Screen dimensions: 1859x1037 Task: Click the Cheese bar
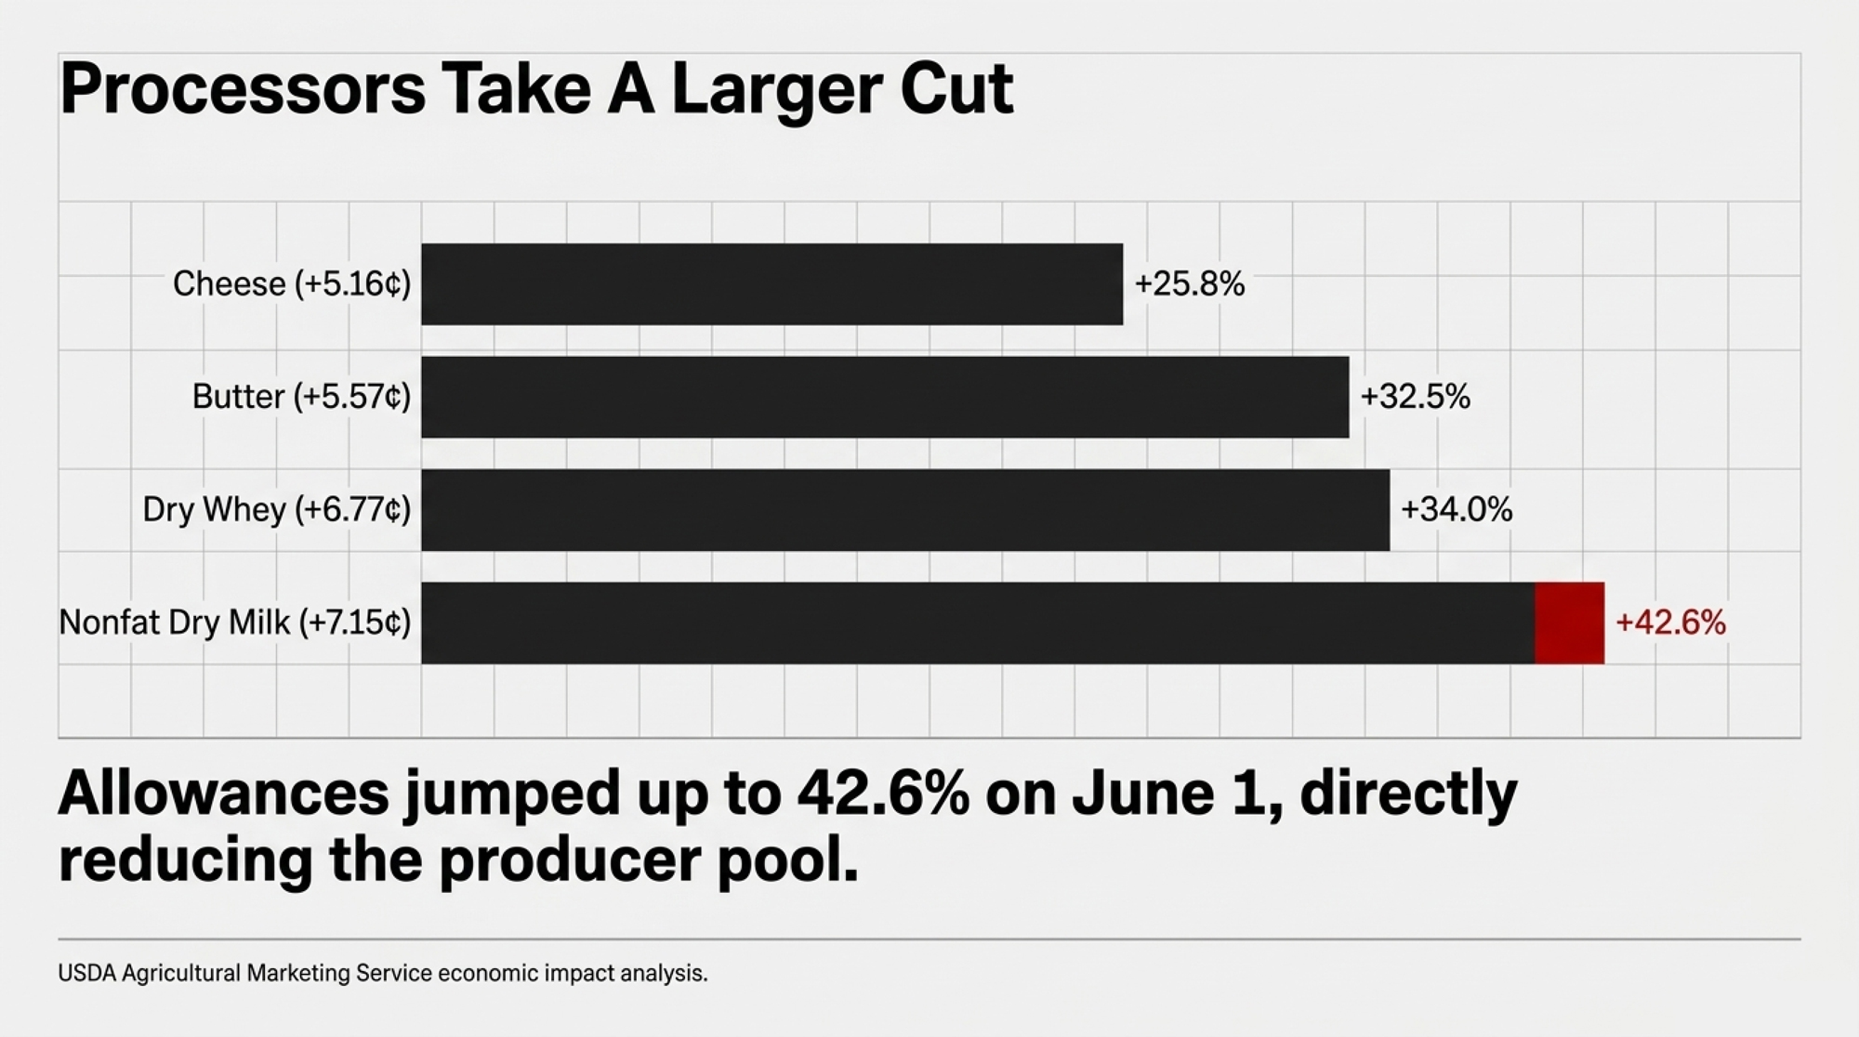[771, 284]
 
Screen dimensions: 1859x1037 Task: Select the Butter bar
[885, 397]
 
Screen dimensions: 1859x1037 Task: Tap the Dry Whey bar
[905, 510]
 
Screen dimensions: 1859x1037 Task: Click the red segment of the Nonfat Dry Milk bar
[1569, 623]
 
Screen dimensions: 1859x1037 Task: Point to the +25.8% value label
[1189, 284]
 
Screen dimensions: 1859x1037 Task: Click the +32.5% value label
[1415, 397]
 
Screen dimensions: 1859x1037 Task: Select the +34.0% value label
[1457, 510]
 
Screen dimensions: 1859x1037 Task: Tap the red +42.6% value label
[1670, 623]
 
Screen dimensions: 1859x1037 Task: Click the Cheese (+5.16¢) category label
[292, 284]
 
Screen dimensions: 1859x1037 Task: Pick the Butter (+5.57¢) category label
[301, 397]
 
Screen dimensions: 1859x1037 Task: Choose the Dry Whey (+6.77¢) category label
[276, 510]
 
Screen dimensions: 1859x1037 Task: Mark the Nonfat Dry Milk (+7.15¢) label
[234, 623]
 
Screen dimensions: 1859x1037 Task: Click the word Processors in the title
[243, 90]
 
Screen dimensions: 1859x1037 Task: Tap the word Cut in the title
[956, 90]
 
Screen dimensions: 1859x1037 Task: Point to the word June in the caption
[1142, 794]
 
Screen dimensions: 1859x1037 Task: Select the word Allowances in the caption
[224, 794]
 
